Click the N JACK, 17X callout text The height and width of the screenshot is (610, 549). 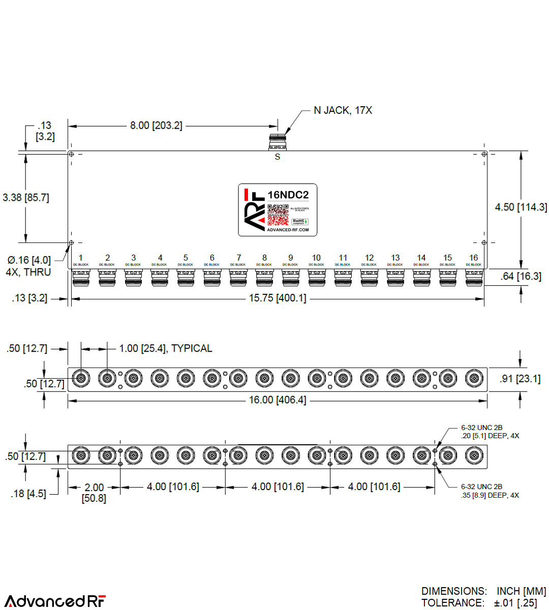coord(343,110)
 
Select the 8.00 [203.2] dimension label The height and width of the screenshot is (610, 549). coord(156,125)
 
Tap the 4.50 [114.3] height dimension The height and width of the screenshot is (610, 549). coord(521,207)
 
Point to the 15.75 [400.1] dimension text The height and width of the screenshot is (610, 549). coord(278,298)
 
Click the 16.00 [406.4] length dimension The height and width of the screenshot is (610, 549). coord(278,400)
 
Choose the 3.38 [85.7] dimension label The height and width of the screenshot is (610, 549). coord(26,197)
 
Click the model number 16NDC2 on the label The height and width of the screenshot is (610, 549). coord(288,195)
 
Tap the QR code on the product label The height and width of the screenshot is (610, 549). coord(278,215)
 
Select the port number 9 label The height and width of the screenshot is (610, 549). coord(290,258)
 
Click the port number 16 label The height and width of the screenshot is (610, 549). coord(473,258)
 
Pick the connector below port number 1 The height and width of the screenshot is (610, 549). coord(81,278)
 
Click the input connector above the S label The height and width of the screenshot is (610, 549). coord(278,142)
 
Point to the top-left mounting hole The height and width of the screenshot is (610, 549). coord(71,154)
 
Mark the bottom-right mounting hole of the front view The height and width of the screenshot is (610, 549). coord(484,243)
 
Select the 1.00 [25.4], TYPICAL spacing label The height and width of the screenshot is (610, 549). coord(165,348)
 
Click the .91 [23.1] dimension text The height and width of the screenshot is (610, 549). coord(520,379)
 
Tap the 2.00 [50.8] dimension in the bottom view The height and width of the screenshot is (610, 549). coord(94,493)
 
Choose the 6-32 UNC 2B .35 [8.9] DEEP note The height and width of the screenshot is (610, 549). coord(490,491)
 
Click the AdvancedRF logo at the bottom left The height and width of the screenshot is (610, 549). coord(55,601)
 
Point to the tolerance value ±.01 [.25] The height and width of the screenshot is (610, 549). coord(515,603)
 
